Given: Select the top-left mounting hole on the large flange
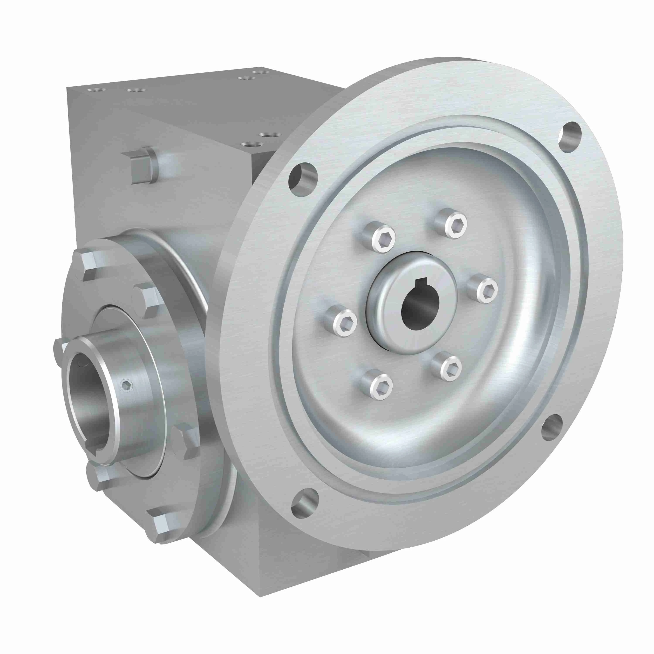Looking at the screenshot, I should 302,180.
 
